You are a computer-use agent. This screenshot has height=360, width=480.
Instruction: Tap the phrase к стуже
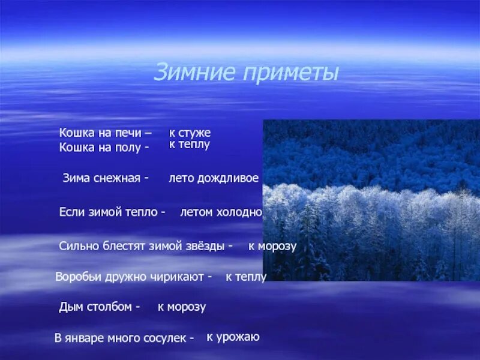[x=190, y=133]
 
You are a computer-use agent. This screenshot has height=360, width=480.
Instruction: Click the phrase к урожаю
[x=233, y=337]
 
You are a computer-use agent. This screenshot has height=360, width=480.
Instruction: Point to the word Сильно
[x=77, y=246]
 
